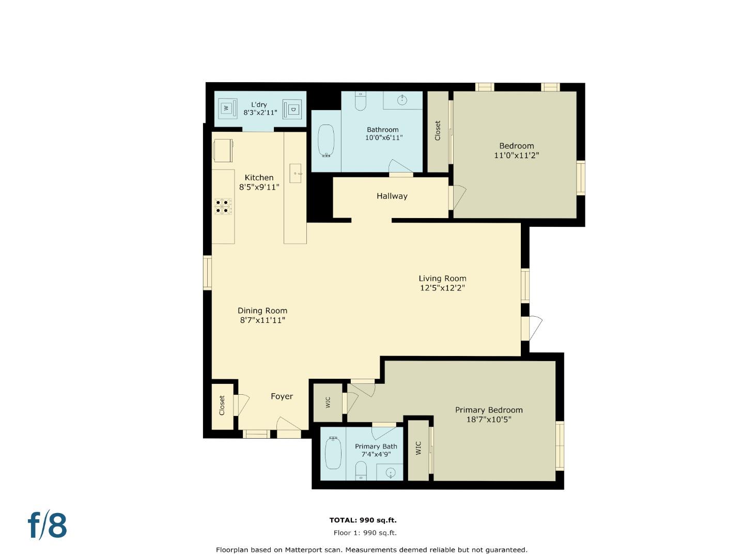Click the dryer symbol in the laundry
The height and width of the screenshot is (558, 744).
(292, 110)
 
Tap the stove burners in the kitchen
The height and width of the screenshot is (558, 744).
(223, 206)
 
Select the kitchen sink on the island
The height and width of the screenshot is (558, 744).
(296, 174)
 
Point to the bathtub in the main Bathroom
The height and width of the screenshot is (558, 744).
(326, 140)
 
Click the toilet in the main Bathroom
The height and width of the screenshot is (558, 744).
(360, 101)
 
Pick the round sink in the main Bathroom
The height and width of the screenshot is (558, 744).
(403, 100)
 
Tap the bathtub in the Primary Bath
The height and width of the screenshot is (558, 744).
(333, 453)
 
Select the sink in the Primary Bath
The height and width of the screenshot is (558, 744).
(391, 472)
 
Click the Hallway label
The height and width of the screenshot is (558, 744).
(392, 196)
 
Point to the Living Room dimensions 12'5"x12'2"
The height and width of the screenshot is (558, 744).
(442, 288)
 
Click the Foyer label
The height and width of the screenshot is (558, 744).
(282, 396)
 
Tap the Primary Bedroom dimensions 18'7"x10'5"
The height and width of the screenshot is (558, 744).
(488, 420)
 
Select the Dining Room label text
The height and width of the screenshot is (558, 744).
(262, 311)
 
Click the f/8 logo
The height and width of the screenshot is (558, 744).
(48, 525)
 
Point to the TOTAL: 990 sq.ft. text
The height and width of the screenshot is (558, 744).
(363, 520)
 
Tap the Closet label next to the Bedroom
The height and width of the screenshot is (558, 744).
(438, 131)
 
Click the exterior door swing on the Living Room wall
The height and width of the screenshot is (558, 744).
(534, 328)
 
